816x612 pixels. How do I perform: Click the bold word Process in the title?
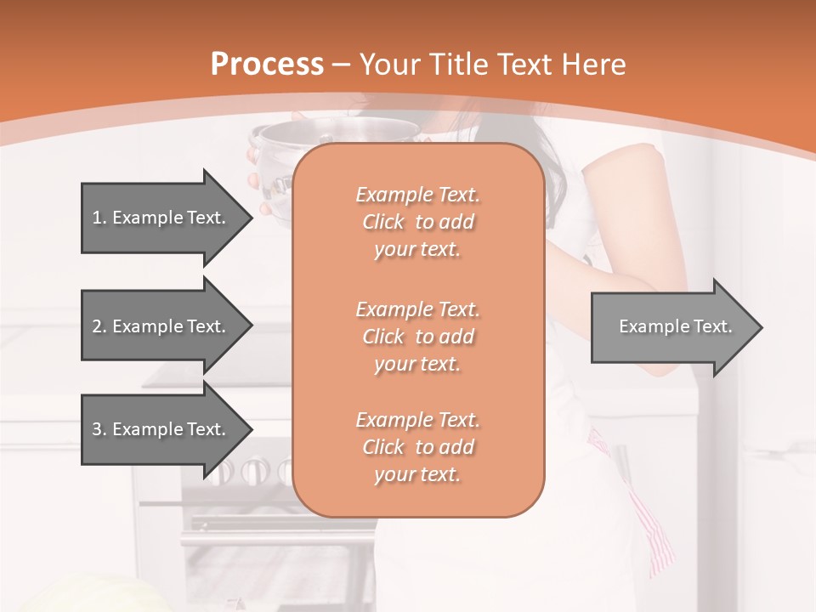click(x=267, y=65)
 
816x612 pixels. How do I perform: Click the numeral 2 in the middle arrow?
click(x=97, y=326)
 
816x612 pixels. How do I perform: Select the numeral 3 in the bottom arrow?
click(x=97, y=429)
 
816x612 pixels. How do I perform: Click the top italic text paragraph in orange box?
click(x=417, y=222)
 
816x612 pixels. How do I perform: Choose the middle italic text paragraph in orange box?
click(x=417, y=337)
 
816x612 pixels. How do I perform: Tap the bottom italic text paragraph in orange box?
click(x=417, y=447)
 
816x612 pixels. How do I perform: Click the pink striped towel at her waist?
click(x=650, y=527)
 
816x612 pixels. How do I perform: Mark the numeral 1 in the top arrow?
click(x=96, y=218)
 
